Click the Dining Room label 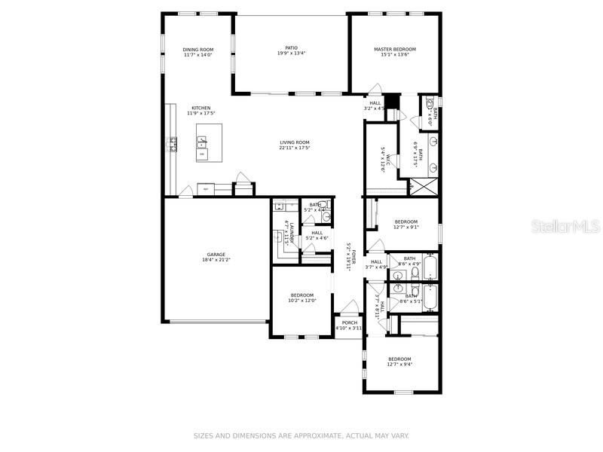[198, 50]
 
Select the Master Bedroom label [394, 50]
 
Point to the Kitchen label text [200, 108]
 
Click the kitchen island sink [202, 141]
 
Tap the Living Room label [295, 142]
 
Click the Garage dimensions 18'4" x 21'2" [216, 260]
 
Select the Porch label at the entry [349, 322]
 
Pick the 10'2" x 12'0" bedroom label [301, 295]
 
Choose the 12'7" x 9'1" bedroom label [406, 221]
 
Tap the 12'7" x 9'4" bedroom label [399, 359]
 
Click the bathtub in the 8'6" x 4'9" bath [430, 267]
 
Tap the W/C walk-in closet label [384, 160]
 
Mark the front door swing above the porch [347, 308]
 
